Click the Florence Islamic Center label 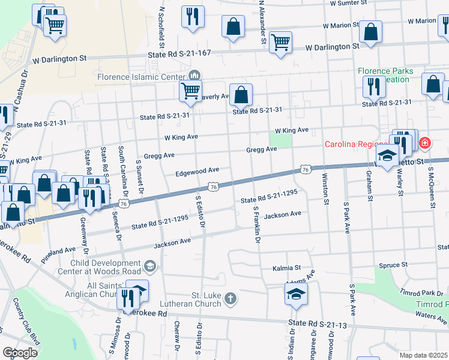click(142, 77)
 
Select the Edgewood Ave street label click(197, 172)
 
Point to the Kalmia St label click(286, 268)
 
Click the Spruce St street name click(393, 265)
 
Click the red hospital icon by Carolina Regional click(425, 143)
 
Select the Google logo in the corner click(20, 352)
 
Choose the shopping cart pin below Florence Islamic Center click(190, 91)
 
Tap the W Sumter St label click(348, 3)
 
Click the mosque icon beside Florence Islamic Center click(194, 76)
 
